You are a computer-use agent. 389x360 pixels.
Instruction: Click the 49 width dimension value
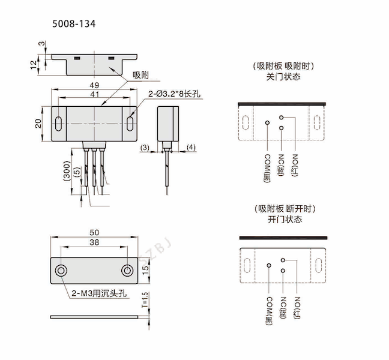(x=95, y=85)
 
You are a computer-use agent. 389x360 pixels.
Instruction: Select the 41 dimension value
(x=95, y=94)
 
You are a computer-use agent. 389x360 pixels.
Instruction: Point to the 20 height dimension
(x=38, y=124)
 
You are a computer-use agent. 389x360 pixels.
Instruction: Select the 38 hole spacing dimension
(x=94, y=243)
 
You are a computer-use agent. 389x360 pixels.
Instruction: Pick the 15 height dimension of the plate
(x=145, y=271)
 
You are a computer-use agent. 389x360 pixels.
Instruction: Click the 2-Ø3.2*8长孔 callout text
(x=173, y=94)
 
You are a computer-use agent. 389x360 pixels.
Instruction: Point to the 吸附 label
(x=142, y=76)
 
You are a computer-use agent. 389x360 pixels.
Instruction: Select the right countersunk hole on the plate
(x=127, y=271)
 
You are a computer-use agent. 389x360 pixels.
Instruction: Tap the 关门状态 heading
(x=283, y=77)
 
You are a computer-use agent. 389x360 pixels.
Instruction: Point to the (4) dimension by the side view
(x=191, y=147)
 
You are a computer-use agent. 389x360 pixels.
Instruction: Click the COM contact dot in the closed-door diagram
(x=268, y=123)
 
